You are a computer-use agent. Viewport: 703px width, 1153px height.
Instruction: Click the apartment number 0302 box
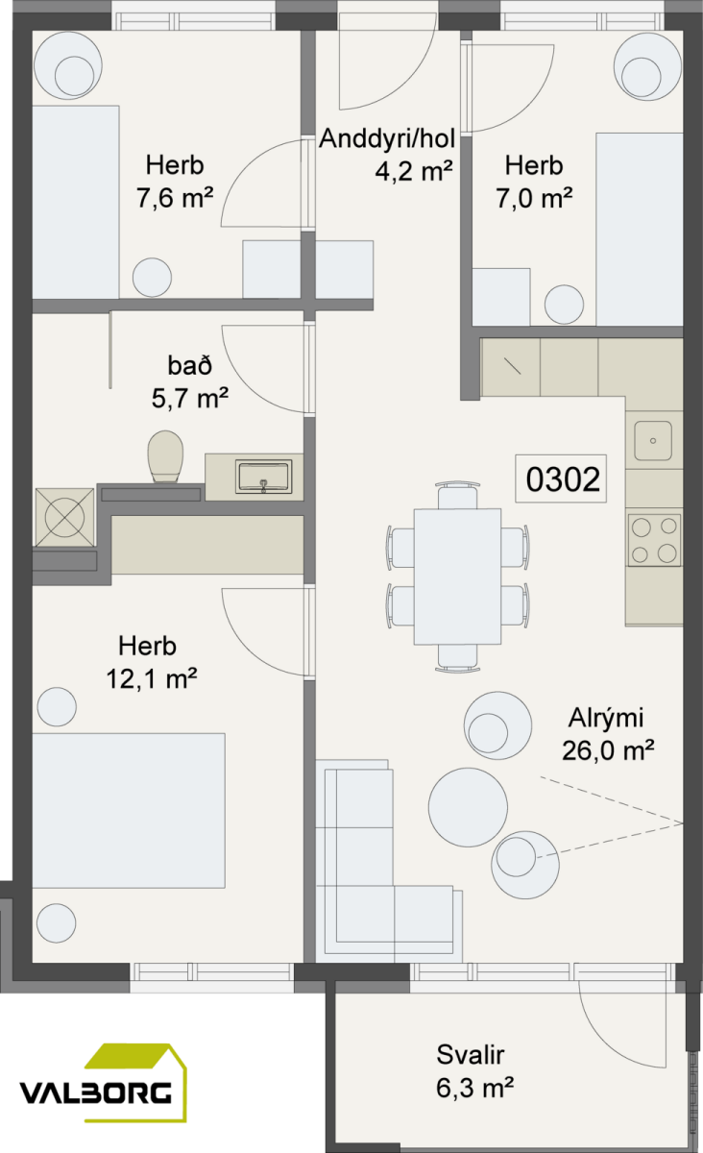point(561,478)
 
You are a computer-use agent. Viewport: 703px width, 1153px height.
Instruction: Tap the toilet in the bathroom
point(166,456)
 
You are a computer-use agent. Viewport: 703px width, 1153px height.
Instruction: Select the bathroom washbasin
point(263,477)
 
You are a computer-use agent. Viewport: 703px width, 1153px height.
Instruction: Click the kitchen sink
point(653,441)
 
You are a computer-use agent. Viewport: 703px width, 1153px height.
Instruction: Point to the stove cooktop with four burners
point(654,540)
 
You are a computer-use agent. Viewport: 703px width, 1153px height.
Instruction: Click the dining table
point(457,576)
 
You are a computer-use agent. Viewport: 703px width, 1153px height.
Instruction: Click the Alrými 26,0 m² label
point(608,734)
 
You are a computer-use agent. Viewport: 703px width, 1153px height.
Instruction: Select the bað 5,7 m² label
point(190,382)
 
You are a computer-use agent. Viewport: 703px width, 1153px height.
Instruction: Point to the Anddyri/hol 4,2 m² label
point(387,155)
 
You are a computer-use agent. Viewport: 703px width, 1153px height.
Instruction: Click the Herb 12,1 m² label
point(152,662)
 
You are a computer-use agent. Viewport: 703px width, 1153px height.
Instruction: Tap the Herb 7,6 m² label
point(175,182)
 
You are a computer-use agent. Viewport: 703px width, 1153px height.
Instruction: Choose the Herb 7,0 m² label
point(534,182)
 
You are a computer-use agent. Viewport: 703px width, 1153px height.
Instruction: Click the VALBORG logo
point(103,1083)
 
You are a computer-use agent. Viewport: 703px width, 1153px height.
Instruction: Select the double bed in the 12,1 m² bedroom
point(129,811)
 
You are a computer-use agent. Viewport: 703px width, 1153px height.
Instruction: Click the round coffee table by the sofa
point(468,808)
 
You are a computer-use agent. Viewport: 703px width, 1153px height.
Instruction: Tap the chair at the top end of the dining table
point(457,496)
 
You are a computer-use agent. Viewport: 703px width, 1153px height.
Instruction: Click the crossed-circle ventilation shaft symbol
point(65,517)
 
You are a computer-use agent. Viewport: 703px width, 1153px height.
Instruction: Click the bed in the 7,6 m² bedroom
point(76,203)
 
